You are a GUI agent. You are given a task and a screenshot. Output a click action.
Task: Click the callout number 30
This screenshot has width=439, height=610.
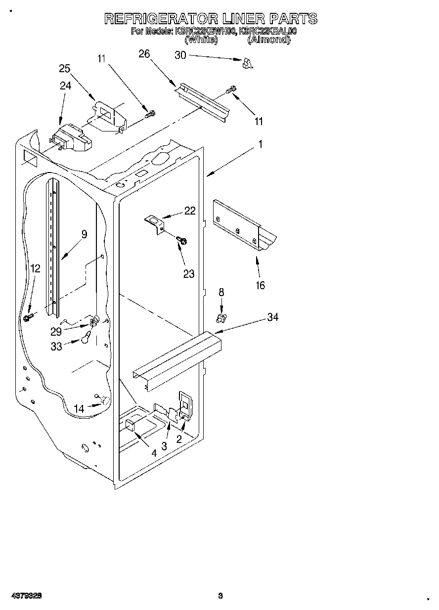click(x=180, y=55)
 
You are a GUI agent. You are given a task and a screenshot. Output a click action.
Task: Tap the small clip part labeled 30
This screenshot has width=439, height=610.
click(x=248, y=63)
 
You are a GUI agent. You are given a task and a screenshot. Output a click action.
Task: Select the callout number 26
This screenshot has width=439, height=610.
click(x=144, y=54)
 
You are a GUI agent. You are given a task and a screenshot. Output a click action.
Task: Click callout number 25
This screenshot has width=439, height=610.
click(x=65, y=69)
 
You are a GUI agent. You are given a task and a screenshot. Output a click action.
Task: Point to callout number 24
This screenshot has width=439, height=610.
click(x=65, y=86)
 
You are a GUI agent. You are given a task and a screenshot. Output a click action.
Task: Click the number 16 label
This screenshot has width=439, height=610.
click(x=260, y=285)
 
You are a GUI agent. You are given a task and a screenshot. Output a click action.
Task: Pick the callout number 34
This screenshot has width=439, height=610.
click(x=272, y=317)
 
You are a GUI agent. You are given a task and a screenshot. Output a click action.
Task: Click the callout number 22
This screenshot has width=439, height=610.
click(x=190, y=211)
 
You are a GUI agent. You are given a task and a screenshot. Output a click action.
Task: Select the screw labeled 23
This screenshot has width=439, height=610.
click(x=181, y=241)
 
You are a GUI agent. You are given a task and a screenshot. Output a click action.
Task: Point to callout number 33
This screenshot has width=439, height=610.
click(x=56, y=347)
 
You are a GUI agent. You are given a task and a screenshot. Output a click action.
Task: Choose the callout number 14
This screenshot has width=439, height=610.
click(x=79, y=408)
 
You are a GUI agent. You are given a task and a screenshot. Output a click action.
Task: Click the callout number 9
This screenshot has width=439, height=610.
click(x=84, y=234)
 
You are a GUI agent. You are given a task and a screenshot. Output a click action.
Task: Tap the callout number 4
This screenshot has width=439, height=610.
click(x=154, y=452)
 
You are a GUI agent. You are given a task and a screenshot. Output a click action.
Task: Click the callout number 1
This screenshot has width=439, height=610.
click(x=260, y=145)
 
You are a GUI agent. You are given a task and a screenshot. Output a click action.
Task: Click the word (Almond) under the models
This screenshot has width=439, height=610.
click(x=268, y=40)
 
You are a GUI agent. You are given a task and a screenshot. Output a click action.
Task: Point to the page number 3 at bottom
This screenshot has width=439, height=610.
click(x=220, y=596)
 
